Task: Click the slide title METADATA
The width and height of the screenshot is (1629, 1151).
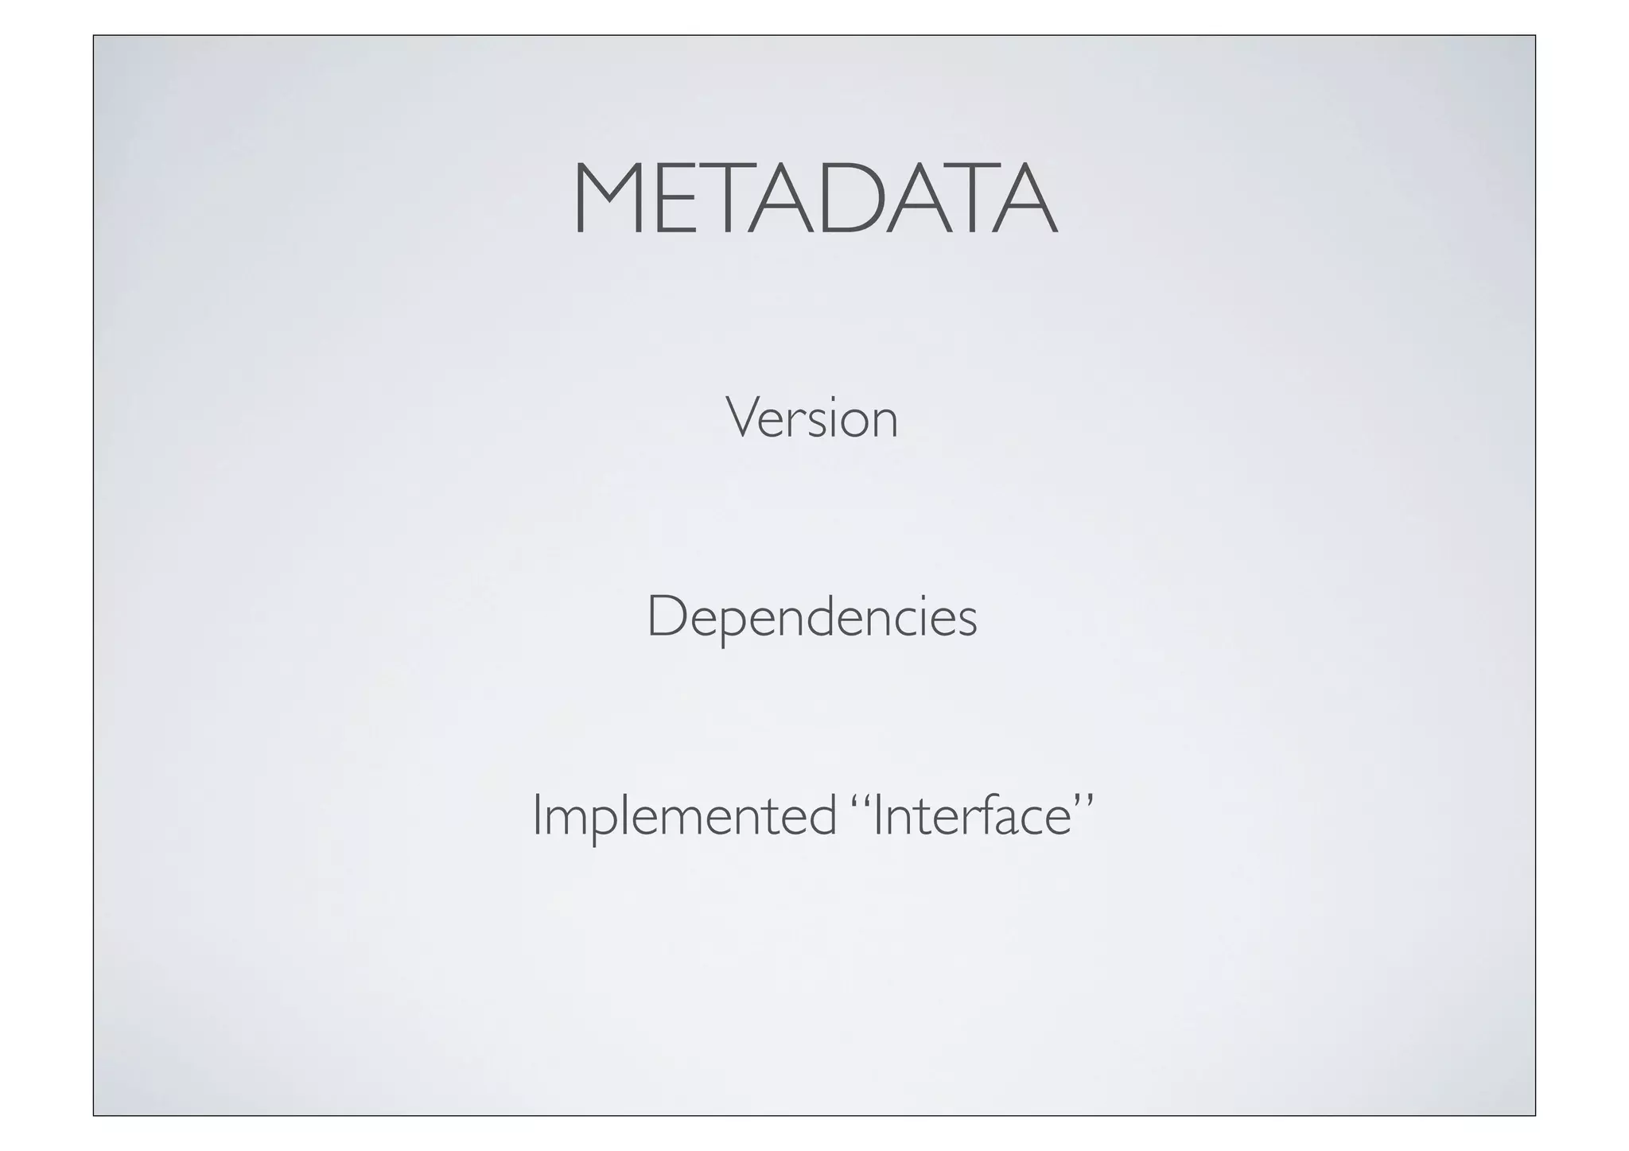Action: pos(814,199)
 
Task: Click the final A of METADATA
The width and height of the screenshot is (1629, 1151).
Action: pos(1021,199)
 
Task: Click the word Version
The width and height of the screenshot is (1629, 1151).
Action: pos(811,418)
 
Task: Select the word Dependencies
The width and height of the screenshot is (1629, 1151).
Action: pos(811,618)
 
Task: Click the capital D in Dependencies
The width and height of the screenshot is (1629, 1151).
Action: pos(667,616)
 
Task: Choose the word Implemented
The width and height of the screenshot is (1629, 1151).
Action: pos(684,816)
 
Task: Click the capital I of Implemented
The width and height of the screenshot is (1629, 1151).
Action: pos(538,815)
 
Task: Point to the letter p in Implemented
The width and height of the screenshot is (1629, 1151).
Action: pos(594,822)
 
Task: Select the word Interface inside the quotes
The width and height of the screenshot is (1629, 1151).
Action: pos(973,816)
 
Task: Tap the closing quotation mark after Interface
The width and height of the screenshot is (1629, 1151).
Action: pos(1084,799)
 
